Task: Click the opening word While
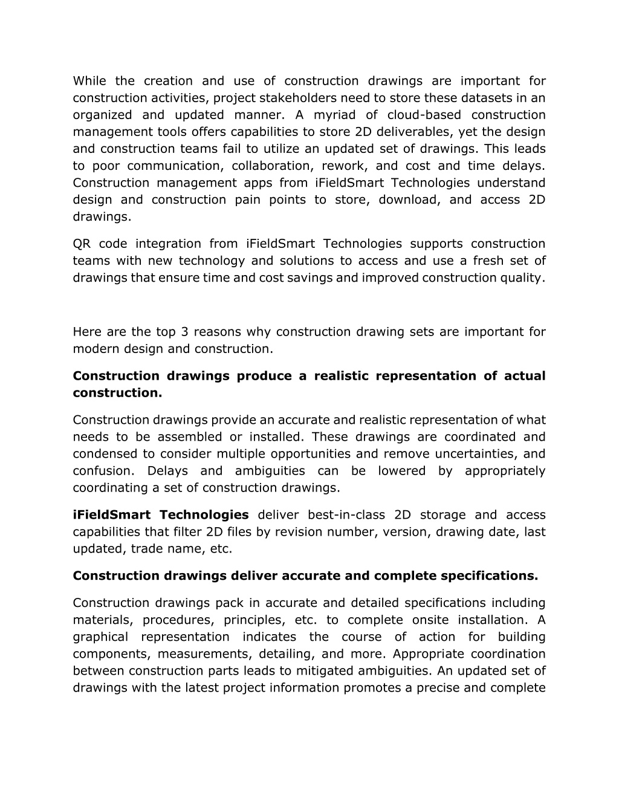(x=89, y=81)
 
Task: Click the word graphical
(x=100, y=637)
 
